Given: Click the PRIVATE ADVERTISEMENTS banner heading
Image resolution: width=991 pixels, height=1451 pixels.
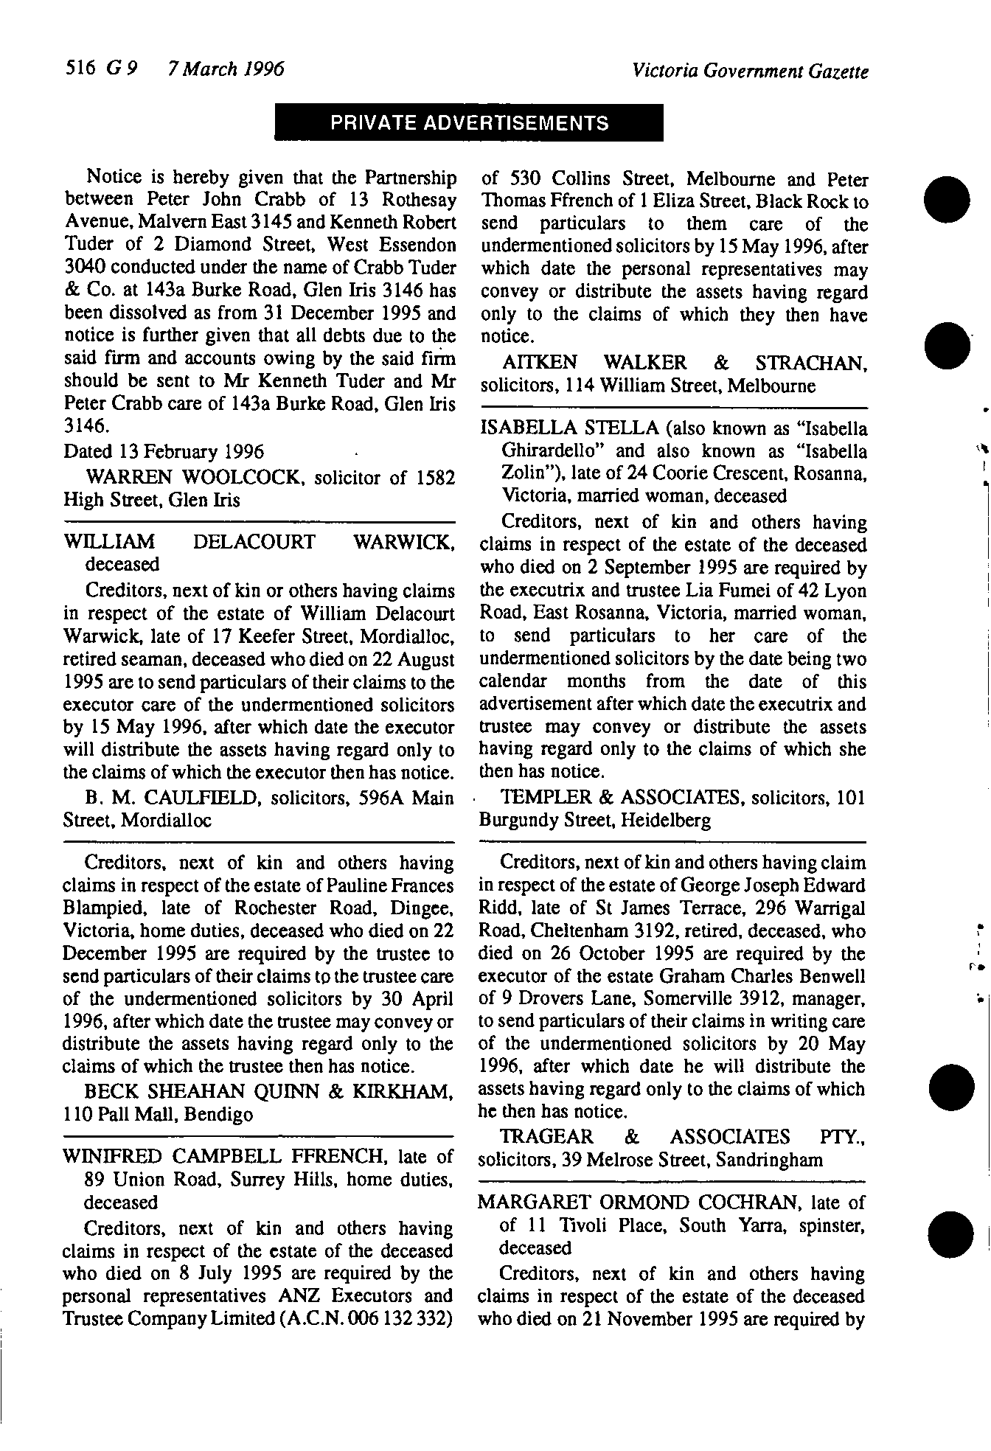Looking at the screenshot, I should click(469, 123).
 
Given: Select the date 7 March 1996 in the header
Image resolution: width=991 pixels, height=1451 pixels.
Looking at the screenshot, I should click(226, 69).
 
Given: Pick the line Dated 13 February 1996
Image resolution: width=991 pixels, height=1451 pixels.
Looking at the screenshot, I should click(164, 451).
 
